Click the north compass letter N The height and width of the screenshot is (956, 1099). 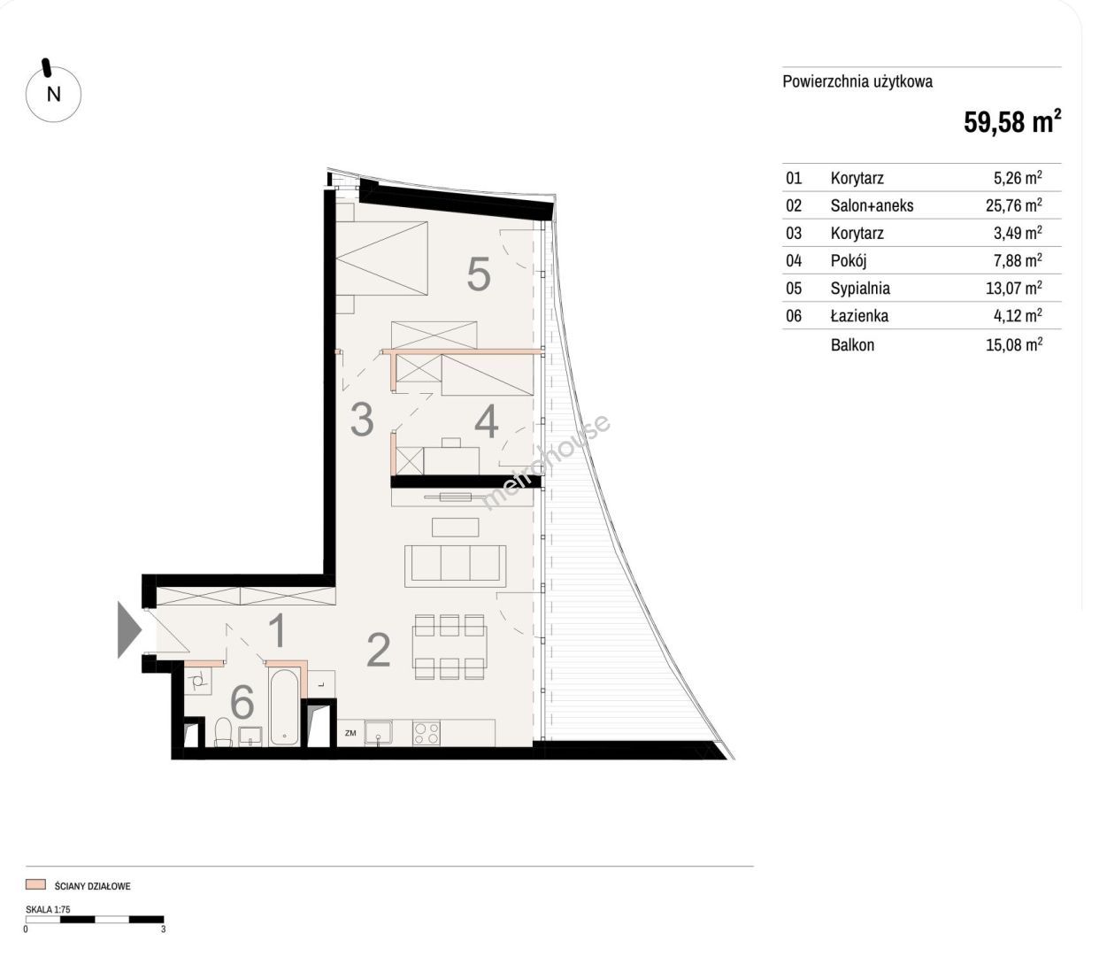(x=54, y=95)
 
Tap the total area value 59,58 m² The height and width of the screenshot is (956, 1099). (x=1012, y=122)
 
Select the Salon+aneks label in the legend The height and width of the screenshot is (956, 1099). (x=872, y=205)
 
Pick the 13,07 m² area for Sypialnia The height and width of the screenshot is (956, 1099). (x=1013, y=288)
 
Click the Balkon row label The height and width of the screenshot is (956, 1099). (x=852, y=344)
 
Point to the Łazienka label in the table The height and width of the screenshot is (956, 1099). (x=859, y=316)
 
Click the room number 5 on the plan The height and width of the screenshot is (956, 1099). (x=479, y=274)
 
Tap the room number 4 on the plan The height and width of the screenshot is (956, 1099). (x=486, y=422)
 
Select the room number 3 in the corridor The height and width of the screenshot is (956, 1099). (x=362, y=420)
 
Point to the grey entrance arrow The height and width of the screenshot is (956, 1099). (x=129, y=629)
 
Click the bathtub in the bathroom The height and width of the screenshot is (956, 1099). (x=284, y=706)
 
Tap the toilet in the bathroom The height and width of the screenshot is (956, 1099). (x=223, y=732)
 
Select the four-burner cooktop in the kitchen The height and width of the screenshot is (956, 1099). (x=427, y=733)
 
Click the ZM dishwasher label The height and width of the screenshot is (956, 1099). (x=350, y=733)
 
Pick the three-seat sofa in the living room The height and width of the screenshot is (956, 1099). (x=455, y=567)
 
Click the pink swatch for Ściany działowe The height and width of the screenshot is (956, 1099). (x=35, y=884)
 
